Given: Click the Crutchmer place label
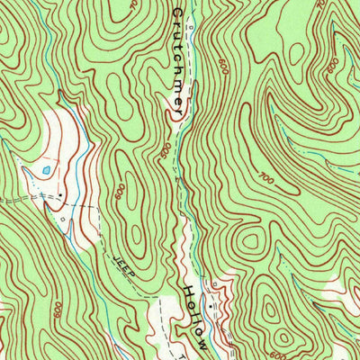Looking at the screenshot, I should pyautogui.click(x=177, y=61).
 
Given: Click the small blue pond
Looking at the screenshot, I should pyautogui.click(x=45, y=169).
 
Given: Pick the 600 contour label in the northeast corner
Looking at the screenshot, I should pyautogui.click(x=335, y=65).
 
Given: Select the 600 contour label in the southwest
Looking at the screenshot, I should pyautogui.click(x=57, y=309).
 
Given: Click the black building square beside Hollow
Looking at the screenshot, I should pyautogui.click(x=211, y=306).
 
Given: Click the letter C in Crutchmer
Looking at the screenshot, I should pyautogui.click(x=177, y=15).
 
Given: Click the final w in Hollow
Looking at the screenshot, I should pyautogui.click(x=204, y=344).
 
